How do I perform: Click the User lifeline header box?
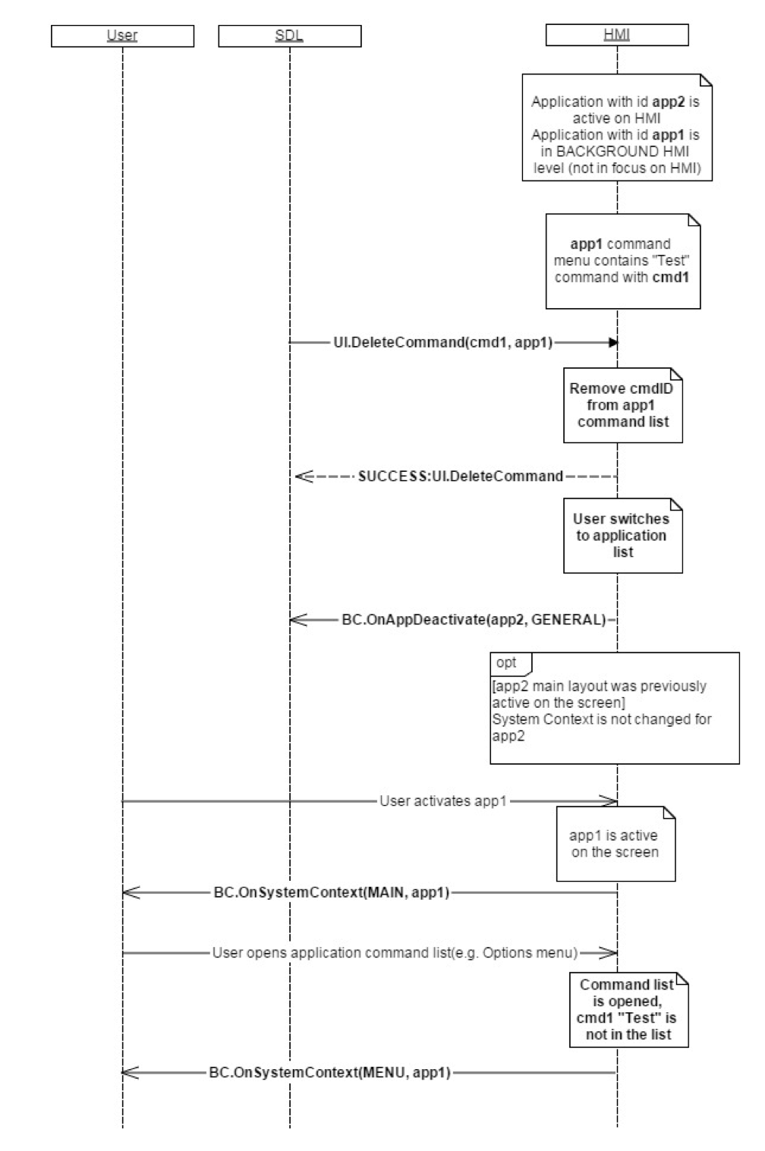122,36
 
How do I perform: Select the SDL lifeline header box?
289,36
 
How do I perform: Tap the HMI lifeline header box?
616,35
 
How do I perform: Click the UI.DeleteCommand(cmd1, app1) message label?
443,343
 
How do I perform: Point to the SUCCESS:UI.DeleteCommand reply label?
461,476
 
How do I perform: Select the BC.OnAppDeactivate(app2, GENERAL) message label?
474,620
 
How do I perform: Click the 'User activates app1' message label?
443,800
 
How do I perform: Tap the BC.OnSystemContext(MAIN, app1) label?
332,893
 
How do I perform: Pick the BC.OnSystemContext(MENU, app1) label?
330,1073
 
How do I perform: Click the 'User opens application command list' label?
395,953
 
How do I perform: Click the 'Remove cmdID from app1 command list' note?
622,405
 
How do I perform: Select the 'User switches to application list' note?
622,536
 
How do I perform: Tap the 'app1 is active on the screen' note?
615,844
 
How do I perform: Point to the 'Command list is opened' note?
628,1010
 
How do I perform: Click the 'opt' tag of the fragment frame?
507,662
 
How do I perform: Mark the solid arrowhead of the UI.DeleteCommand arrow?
612,343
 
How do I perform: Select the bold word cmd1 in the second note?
671,278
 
